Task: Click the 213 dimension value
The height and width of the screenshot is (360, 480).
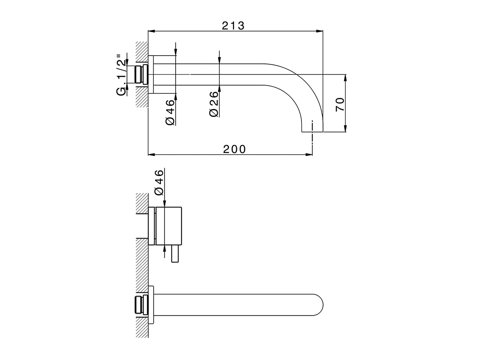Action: pyautogui.click(x=233, y=25)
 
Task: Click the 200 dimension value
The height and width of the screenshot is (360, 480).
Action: pyautogui.click(x=234, y=149)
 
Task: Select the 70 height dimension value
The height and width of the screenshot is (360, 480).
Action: pyautogui.click(x=340, y=104)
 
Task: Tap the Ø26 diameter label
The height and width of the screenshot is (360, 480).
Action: pyautogui.click(x=214, y=104)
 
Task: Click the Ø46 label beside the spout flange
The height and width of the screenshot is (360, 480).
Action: pyautogui.click(x=169, y=112)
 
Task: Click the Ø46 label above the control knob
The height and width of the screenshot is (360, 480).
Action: pyautogui.click(x=159, y=182)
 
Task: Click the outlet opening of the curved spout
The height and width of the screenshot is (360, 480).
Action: pyautogui.click(x=312, y=132)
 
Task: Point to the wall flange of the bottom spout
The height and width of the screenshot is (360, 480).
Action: pyautogui.click(x=151, y=304)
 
